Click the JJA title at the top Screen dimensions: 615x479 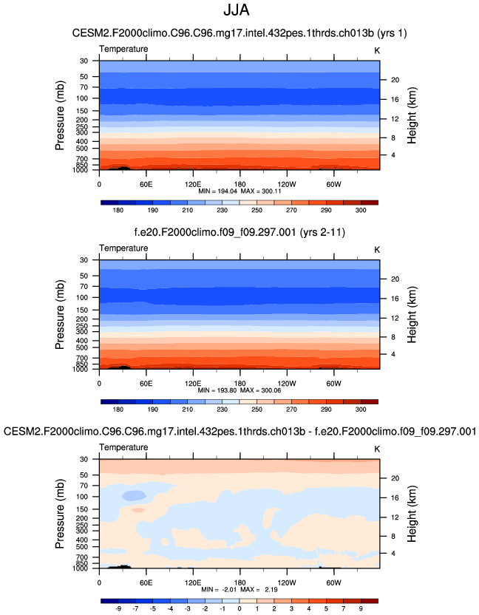239,12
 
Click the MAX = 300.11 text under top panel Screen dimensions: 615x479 259,191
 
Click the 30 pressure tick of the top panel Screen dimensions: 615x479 84,61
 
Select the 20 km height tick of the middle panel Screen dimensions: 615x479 395,279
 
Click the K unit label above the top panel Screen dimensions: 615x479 377,50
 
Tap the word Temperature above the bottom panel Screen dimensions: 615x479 123,448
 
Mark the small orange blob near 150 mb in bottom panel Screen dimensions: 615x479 138,510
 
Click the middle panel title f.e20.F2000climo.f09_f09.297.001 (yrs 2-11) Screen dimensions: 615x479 239,232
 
